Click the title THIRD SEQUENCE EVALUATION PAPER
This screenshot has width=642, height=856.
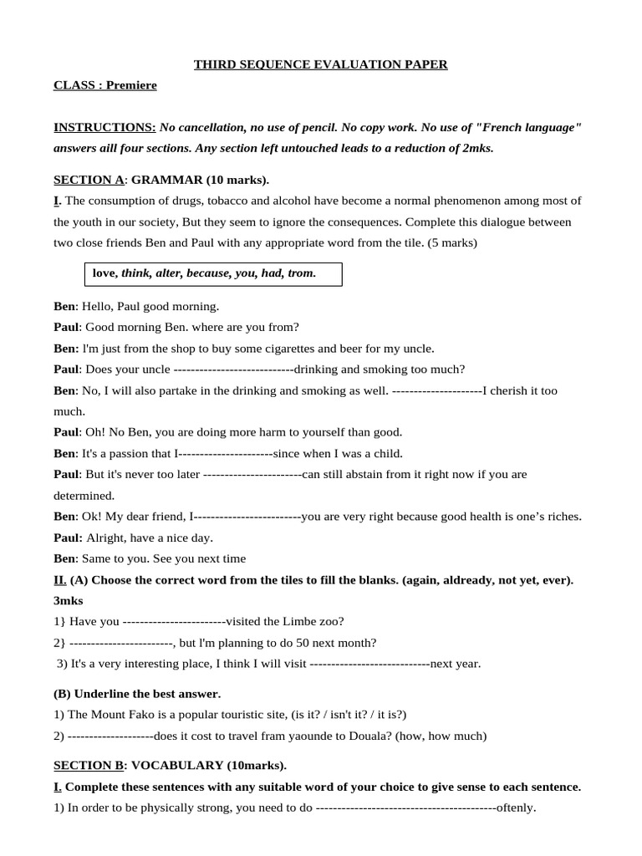321,64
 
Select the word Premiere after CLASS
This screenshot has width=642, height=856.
131,85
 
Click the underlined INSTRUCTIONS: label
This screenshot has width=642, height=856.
104,127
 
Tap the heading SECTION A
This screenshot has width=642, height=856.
89,180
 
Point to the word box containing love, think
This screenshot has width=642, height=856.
212,273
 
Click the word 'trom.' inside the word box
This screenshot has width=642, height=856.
302,273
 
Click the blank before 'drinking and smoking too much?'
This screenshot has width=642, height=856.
232,369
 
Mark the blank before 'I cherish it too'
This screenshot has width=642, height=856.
436,390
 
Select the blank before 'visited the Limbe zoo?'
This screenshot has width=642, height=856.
175,621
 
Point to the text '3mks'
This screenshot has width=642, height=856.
69,600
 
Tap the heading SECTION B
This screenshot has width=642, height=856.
89,765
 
